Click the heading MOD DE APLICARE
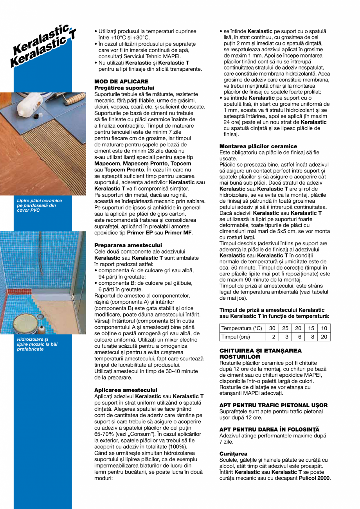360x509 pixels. coord(121,81)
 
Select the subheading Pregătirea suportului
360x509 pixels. coord(124,88)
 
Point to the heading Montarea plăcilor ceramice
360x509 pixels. coord(258,146)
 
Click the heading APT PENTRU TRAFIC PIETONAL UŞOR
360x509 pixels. coord(274,405)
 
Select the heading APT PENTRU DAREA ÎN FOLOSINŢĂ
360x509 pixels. coord(269,430)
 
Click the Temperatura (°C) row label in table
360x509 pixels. coord(241,328)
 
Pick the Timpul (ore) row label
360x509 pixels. coord(236,337)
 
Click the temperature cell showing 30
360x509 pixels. coord(272,328)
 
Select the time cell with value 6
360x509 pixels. coord(299,337)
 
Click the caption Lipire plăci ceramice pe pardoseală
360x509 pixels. coord(39,205)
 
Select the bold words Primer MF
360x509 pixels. coord(178,232)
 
